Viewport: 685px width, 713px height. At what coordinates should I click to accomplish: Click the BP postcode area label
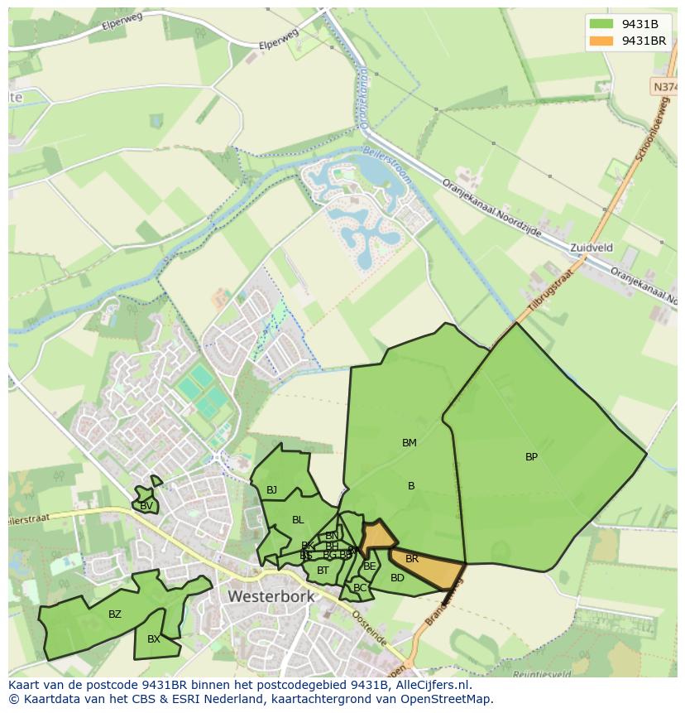(x=531, y=457)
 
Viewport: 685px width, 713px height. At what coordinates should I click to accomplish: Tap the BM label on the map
(x=410, y=443)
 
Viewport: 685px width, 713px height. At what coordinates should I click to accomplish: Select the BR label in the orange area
(x=412, y=559)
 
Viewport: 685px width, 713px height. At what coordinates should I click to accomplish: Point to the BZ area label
(x=115, y=614)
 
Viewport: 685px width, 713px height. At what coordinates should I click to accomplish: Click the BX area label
(x=154, y=639)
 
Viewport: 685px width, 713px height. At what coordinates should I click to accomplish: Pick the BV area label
(x=146, y=506)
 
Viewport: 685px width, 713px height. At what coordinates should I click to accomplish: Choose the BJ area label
(x=271, y=490)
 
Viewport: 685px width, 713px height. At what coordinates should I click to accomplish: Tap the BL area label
(x=298, y=520)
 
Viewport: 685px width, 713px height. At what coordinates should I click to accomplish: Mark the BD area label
(x=397, y=578)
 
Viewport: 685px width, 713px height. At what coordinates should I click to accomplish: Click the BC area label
(x=360, y=588)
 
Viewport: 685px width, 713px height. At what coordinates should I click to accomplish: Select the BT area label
(x=323, y=570)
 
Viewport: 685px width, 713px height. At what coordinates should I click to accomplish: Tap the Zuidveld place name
(x=592, y=248)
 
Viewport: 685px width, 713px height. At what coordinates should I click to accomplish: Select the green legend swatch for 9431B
(x=601, y=24)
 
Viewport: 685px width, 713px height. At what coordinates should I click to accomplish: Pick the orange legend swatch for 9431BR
(x=601, y=41)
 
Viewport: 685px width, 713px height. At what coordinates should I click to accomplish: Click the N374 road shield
(x=664, y=86)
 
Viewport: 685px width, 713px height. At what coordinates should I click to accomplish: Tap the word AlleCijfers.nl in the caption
(x=429, y=685)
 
